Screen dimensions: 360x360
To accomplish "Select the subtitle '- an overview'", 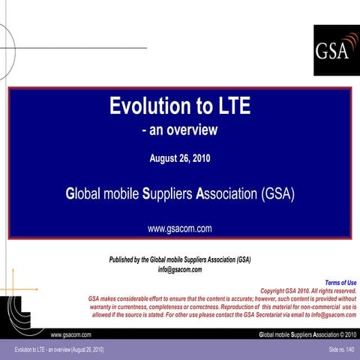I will click(x=180, y=130).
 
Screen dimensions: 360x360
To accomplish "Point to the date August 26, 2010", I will click(x=180, y=159).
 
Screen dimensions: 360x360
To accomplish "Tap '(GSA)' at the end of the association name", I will click(x=279, y=194).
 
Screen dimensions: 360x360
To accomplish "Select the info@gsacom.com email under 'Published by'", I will click(x=180, y=268).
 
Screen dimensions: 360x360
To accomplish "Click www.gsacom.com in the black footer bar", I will click(x=70, y=334).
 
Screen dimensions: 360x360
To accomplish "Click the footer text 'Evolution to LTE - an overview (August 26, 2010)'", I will click(x=54, y=351).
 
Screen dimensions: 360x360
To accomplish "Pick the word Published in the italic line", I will click(x=126, y=259).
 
